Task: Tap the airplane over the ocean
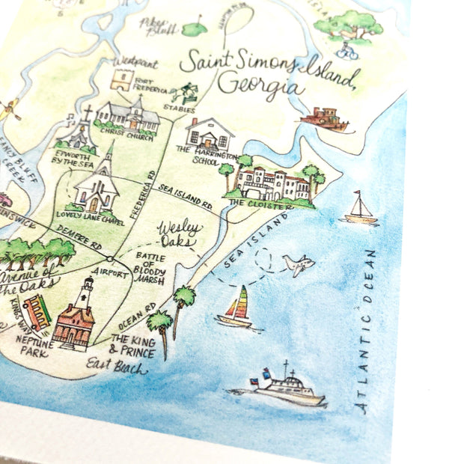(298, 264)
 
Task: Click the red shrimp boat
(323, 118)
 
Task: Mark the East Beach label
(116, 366)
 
